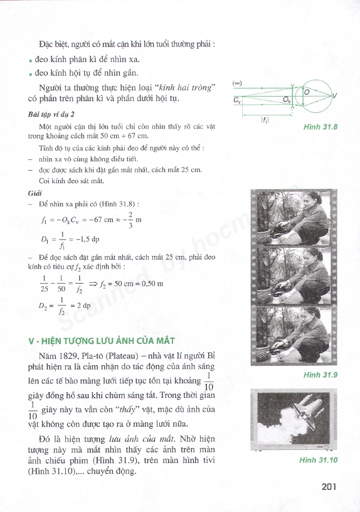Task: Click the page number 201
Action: (x=329, y=487)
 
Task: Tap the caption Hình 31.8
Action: (x=320, y=127)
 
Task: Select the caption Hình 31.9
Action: (x=320, y=375)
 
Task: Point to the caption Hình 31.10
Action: (x=318, y=460)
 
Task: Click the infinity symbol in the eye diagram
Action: (x=237, y=83)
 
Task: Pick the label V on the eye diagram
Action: (x=334, y=96)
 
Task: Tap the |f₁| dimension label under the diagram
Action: (x=265, y=120)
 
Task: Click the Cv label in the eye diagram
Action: (x=237, y=100)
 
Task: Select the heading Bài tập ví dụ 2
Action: (x=51, y=114)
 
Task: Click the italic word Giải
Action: (x=34, y=193)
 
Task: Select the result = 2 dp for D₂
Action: (x=81, y=306)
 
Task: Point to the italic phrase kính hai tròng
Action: (x=185, y=87)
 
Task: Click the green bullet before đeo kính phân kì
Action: (x=30, y=61)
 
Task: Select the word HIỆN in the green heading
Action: (x=49, y=341)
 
